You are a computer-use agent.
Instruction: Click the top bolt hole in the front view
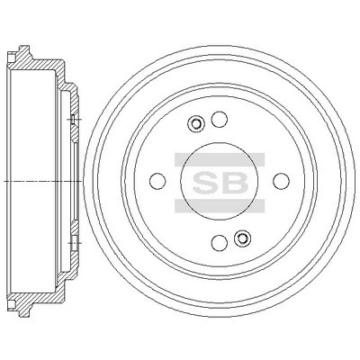pyautogui.click(x=219, y=119)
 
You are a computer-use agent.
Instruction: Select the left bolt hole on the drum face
pyautogui.click(x=157, y=181)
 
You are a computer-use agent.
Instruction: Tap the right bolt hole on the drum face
pyautogui.click(x=282, y=181)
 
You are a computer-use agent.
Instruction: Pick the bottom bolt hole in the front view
pyautogui.click(x=220, y=243)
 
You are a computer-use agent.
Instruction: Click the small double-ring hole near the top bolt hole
pyautogui.click(x=195, y=123)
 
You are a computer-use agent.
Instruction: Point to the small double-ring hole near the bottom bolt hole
pyautogui.click(x=242, y=238)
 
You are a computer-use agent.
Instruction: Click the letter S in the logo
pyautogui.click(x=205, y=183)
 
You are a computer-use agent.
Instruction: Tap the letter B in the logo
pyautogui.click(x=235, y=183)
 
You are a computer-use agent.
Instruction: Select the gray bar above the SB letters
pyautogui.click(x=220, y=159)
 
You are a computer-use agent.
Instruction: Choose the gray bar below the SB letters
pyautogui.click(x=220, y=206)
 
